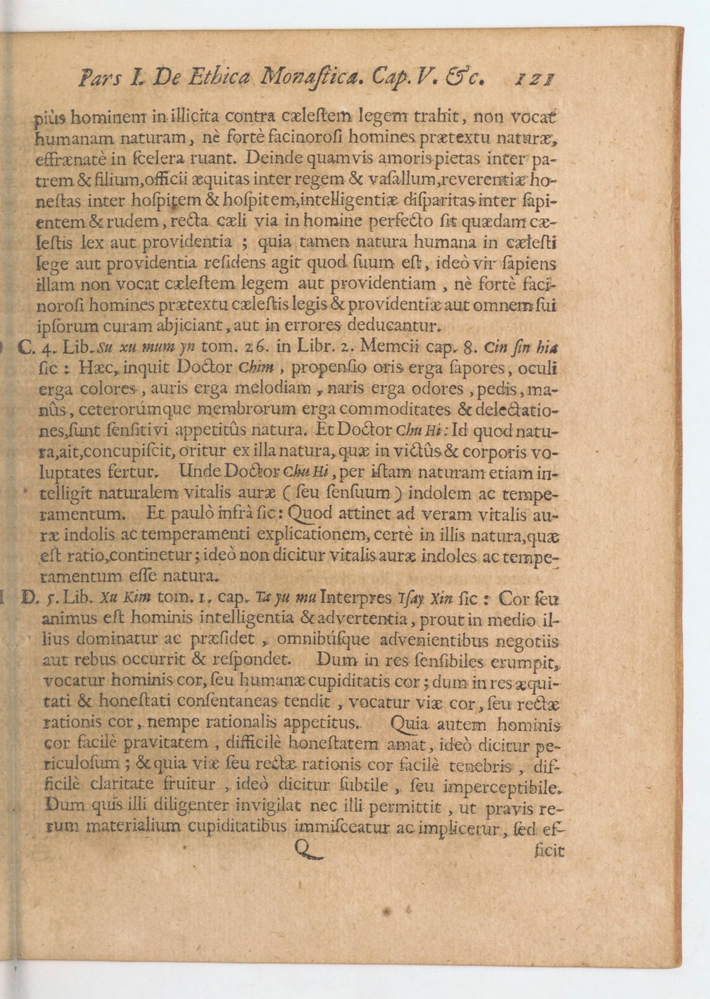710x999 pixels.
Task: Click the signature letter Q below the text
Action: pos(308,850)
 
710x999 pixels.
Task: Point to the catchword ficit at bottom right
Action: pos(549,851)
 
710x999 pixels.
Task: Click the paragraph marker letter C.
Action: pos(26,347)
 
